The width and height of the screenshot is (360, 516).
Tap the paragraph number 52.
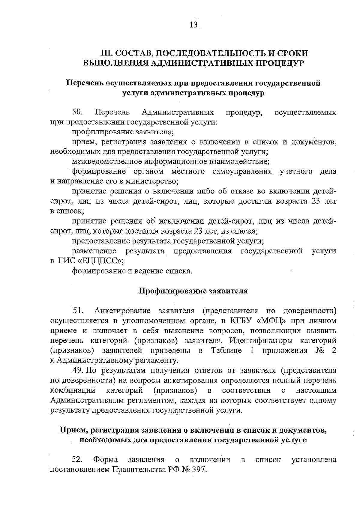77,460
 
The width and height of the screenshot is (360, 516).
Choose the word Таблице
226,351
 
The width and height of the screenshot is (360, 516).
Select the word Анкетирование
123,311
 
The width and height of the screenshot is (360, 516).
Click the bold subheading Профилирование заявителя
193,291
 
